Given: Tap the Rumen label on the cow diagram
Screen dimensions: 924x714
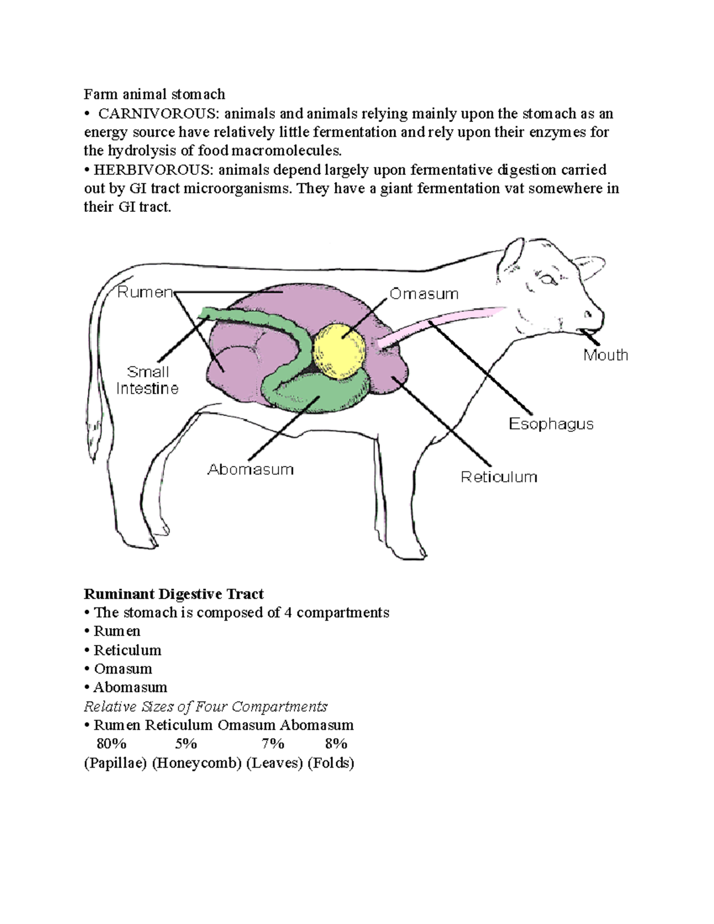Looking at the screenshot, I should (x=145, y=292).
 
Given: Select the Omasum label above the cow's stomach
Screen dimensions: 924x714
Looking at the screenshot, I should (x=424, y=294).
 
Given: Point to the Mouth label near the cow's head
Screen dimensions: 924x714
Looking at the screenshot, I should (x=605, y=355).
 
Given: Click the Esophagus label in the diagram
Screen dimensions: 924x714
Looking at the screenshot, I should (x=551, y=424).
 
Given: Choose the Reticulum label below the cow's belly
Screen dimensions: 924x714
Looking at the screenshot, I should (x=499, y=477).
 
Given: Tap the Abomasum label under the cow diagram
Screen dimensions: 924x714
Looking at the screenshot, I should (x=250, y=469).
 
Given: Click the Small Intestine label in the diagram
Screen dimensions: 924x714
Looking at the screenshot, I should (x=148, y=380).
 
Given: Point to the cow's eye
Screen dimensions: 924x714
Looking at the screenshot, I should (x=547, y=278).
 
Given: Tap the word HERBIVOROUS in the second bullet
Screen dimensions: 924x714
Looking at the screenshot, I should (x=152, y=170).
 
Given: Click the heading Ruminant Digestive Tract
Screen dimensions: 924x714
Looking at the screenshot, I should (x=173, y=594).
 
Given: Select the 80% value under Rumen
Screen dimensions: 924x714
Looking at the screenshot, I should (x=111, y=744).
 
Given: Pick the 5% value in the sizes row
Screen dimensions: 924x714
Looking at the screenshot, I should (x=186, y=744).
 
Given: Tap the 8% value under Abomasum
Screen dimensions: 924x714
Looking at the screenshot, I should (x=336, y=744).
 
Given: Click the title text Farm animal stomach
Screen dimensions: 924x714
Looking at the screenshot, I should (x=154, y=94).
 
